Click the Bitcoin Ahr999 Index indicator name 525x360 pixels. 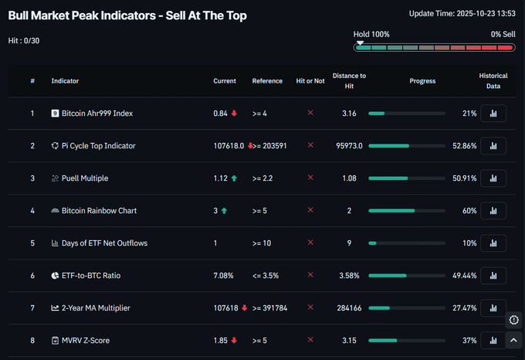(97, 114)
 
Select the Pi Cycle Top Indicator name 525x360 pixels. (98, 146)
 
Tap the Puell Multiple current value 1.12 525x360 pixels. (220, 178)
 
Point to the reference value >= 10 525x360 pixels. (262, 243)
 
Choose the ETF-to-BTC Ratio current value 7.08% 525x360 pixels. (223, 276)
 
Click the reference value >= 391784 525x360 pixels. (269, 308)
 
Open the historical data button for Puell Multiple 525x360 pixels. (493, 178)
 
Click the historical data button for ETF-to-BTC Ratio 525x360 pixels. (493, 276)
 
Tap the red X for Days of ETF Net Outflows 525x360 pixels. (310, 243)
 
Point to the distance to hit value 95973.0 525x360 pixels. (350, 146)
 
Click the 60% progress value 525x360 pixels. (469, 211)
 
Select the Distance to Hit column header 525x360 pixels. (349, 80)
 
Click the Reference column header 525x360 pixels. (267, 81)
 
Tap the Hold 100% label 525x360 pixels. (371, 35)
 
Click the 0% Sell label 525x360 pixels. (503, 35)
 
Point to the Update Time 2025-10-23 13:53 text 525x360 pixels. (462, 14)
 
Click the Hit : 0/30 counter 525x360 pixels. (24, 40)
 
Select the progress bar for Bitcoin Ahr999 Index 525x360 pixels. (407, 114)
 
